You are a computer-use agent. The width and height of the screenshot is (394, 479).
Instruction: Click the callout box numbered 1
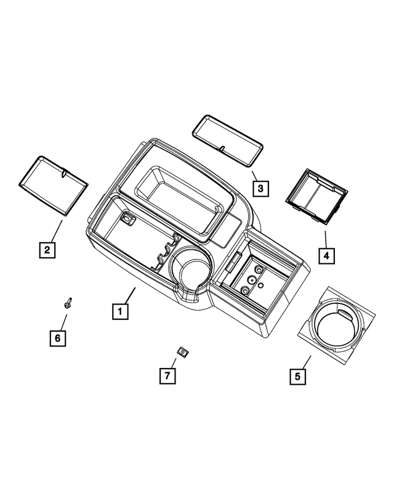click(x=120, y=312)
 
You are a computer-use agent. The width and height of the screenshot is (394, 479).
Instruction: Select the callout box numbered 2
click(x=45, y=250)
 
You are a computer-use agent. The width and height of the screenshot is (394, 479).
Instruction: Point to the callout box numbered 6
click(x=58, y=338)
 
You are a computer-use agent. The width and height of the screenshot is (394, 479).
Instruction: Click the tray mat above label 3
click(x=226, y=140)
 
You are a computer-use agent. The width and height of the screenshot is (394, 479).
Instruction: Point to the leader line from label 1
click(x=128, y=295)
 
